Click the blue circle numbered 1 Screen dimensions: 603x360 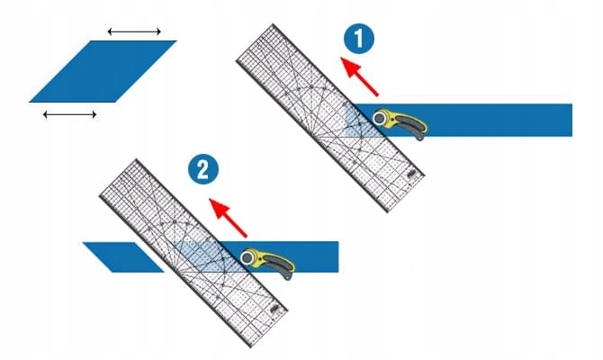357,40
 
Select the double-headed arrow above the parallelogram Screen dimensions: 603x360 134,32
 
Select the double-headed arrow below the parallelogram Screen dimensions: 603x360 69,114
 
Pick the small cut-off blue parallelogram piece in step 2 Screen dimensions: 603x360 121,256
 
